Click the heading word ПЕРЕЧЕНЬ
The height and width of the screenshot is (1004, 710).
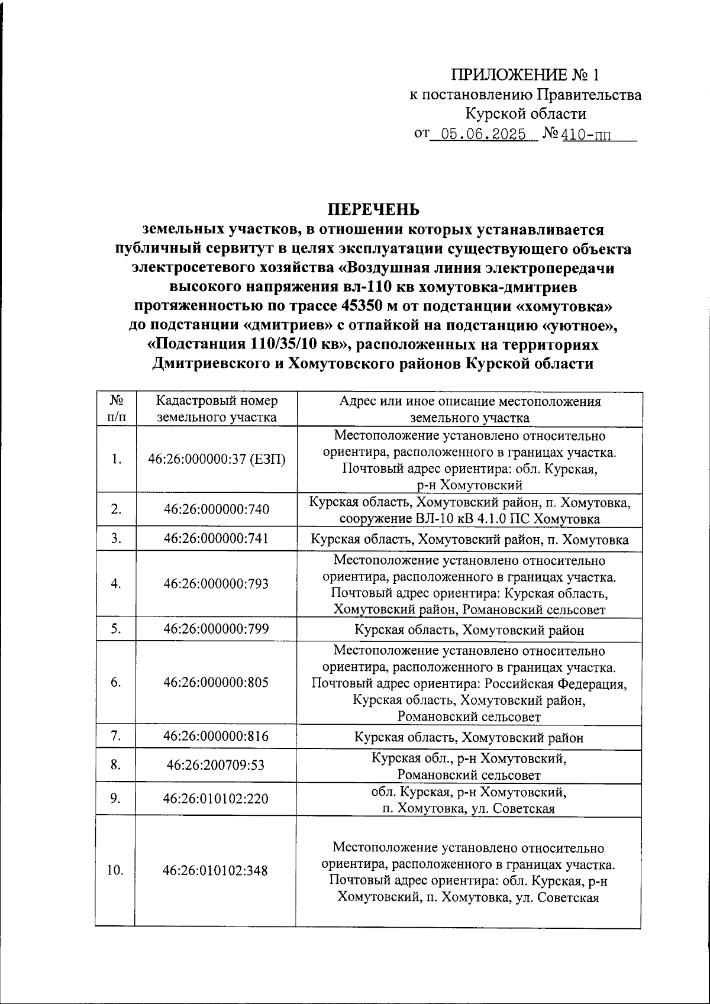point(373,209)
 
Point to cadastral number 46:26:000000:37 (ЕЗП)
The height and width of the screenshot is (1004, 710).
point(216,459)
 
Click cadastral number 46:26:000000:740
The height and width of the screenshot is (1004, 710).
point(216,509)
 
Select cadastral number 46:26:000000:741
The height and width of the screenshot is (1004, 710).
point(216,538)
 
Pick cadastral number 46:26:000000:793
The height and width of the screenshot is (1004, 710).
point(216,584)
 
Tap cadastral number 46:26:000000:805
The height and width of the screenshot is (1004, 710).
point(216,683)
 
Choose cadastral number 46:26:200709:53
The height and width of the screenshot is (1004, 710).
point(216,766)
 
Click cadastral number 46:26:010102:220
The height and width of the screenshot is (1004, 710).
point(216,799)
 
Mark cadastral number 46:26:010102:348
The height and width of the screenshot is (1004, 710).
point(216,871)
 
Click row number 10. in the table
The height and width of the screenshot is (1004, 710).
point(115,871)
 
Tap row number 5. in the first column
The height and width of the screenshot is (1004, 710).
point(115,629)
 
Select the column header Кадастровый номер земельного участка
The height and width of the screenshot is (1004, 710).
point(216,409)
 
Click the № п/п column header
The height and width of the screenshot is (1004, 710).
point(115,409)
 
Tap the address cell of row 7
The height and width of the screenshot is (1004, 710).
point(469,738)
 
